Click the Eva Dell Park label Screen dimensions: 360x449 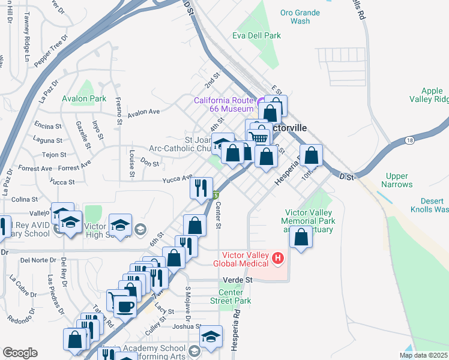tap(256, 36)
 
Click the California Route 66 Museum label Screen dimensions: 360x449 tap(223, 104)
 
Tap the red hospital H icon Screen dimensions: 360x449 tap(277, 259)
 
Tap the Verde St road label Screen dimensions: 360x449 tap(237, 280)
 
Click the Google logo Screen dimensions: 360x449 tap(19, 353)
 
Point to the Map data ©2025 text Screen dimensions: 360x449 tap(423, 355)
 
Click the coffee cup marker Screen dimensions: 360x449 tap(125, 307)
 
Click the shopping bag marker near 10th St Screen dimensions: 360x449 tap(312, 155)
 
